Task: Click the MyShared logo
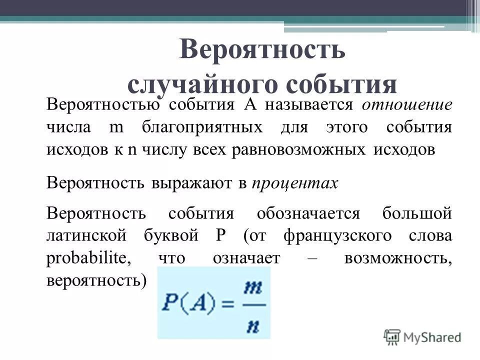coord(423,336)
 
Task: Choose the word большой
coord(417,213)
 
